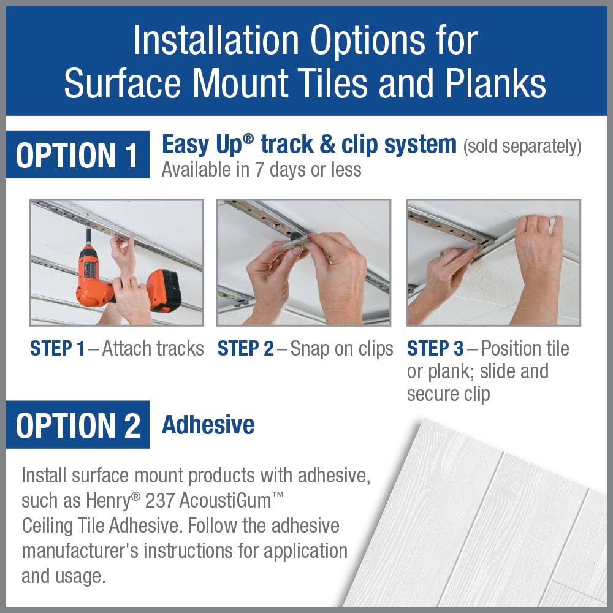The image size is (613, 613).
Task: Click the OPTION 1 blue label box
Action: tap(77, 154)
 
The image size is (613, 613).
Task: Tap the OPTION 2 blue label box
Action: tap(77, 425)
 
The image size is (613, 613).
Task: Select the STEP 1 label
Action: tap(57, 348)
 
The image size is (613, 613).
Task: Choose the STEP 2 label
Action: tap(246, 348)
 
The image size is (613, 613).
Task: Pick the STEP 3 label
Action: tap(435, 348)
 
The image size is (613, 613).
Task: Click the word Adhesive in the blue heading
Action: tap(208, 425)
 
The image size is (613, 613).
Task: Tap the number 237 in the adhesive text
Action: tap(159, 501)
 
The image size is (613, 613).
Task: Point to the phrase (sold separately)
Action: tap(522, 147)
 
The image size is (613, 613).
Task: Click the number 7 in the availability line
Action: tap(260, 170)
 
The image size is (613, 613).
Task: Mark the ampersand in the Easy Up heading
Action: tap(327, 144)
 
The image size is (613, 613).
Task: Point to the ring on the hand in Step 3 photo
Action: tap(442, 256)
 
